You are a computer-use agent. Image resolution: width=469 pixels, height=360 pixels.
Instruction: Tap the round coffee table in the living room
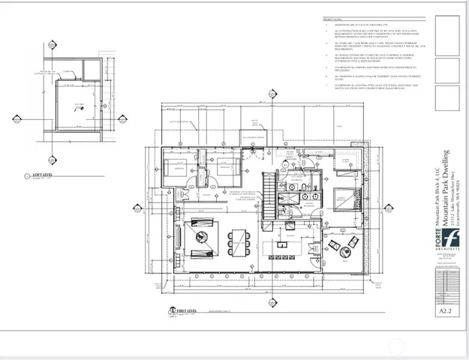pyautogui.click(x=204, y=235)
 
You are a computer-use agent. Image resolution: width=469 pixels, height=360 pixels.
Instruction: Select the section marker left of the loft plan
pyautogui.click(x=17, y=118)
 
